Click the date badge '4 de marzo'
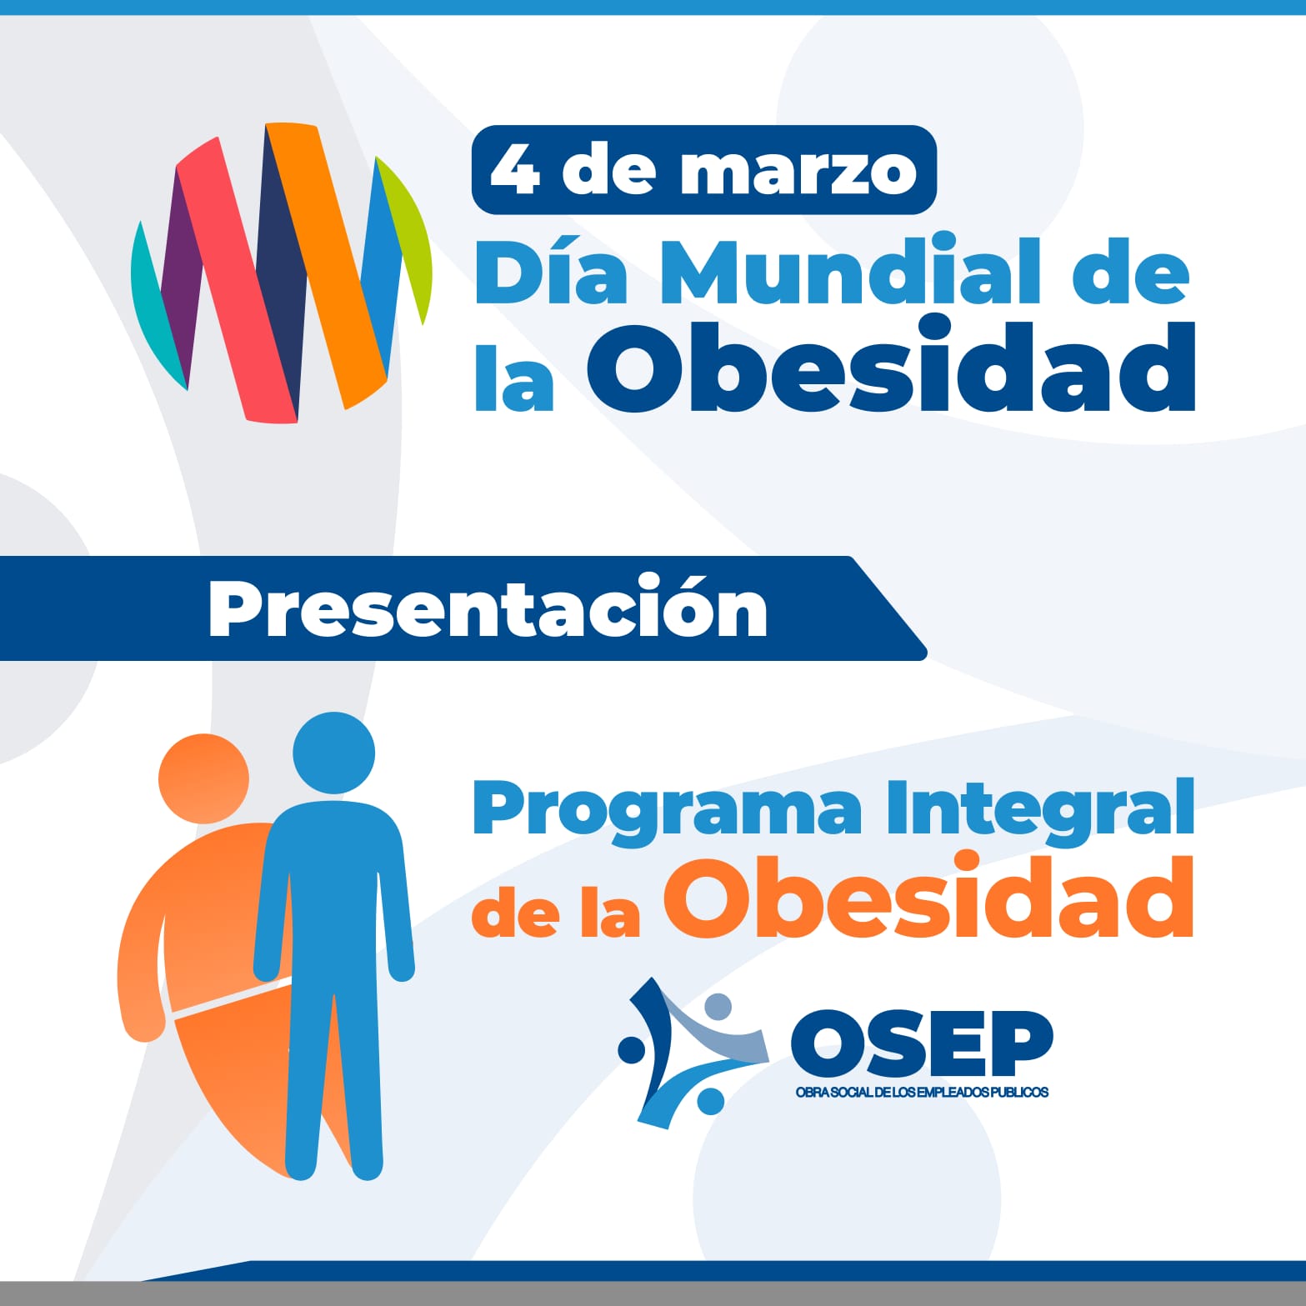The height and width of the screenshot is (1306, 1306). (x=704, y=170)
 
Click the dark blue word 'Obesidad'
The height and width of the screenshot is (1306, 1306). (x=892, y=367)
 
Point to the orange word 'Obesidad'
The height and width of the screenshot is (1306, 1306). (x=928, y=897)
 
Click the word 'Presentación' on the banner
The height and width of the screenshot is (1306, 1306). (x=488, y=607)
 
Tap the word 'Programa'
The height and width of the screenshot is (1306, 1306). (x=667, y=812)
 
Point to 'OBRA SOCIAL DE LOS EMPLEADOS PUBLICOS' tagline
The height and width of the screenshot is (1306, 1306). (x=922, y=1092)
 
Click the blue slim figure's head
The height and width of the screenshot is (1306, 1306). (x=333, y=753)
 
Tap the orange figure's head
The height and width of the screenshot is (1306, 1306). (x=203, y=778)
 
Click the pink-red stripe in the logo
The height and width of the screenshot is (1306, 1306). (x=236, y=279)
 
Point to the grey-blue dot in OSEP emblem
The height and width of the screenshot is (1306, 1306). (x=717, y=1007)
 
